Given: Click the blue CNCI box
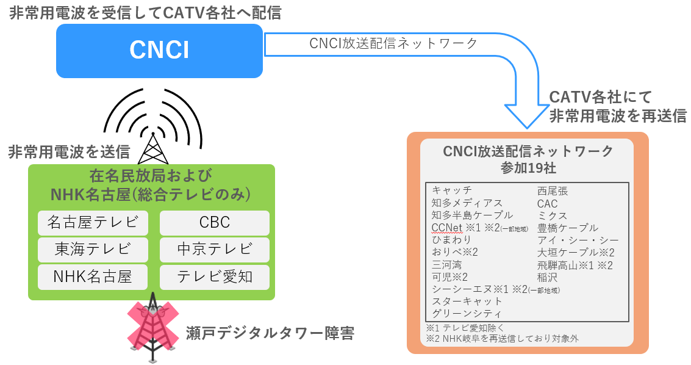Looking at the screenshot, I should (x=159, y=50).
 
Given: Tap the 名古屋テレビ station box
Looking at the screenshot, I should (x=93, y=223).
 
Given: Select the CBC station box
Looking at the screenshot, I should (x=214, y=223).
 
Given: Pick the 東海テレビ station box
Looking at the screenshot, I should (x=93, y=250).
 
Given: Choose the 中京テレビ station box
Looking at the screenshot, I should (x=214, y=250).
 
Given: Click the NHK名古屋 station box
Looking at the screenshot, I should (x=93, y=276).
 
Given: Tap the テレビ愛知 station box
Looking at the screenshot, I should (x=214, y=276).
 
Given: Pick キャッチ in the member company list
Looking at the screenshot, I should (x=452, y=190).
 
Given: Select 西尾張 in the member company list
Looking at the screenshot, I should (x=553, y=190).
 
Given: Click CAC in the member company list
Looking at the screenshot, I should (x=547, y=203).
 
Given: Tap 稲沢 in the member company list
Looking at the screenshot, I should (x=548, y=277).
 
